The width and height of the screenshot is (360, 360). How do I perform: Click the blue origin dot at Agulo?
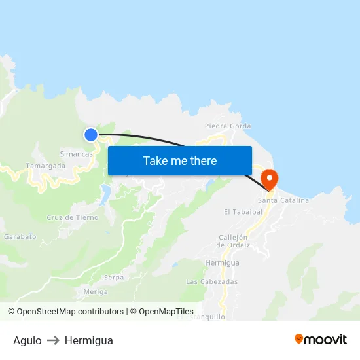pos(90,135)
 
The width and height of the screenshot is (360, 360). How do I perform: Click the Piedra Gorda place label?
pos(228,126)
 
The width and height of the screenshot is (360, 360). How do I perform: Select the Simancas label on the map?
pos(76,154)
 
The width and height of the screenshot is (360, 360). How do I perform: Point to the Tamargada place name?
pos(45,166)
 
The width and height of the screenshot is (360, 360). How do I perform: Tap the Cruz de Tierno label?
pos(73,217)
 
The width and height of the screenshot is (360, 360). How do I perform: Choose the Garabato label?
pos(20,236)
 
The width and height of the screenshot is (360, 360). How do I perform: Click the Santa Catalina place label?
pos(283,200)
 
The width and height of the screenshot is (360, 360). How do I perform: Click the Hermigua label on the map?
pos(222,262)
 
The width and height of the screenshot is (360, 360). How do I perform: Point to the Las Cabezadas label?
pos(211,281)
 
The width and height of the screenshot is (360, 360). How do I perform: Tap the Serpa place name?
pos(113,278)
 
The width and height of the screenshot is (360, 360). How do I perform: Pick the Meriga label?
pos(96,291)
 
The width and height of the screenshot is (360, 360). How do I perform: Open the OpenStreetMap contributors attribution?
pos(70,312)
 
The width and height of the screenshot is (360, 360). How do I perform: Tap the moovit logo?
pos(321,340)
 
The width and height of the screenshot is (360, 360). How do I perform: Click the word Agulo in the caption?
pos(27,340)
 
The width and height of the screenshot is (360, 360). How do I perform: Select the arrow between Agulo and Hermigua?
pos(53,340)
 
